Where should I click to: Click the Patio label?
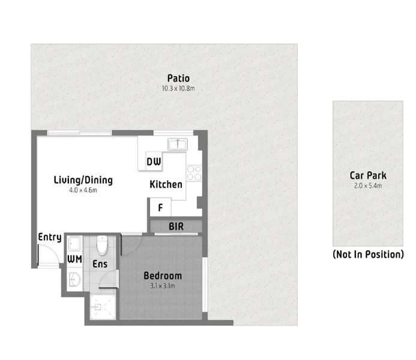178,78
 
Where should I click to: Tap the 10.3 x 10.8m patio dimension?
178,88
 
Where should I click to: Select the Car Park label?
368,176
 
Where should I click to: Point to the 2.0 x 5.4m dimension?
368,186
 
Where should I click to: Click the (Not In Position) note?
368,254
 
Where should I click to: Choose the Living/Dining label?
83,180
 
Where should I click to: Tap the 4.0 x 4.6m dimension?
83,190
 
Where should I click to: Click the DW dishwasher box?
153,161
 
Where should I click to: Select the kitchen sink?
178,143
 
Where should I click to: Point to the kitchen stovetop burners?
194,173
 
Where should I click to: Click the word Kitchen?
166,185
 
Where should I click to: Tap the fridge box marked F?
160,208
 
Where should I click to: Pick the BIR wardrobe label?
176,227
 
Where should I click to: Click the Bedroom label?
162,276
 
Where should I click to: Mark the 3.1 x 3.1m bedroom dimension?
162,286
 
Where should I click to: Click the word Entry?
50,237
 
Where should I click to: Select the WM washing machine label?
74,259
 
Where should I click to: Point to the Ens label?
100,263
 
